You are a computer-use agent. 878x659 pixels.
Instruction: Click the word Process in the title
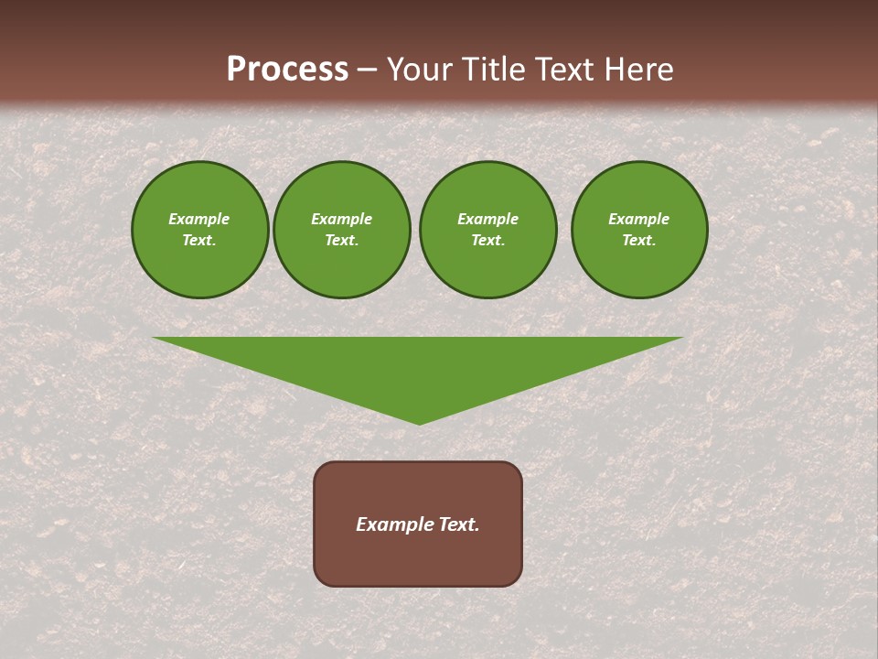click(287, 70)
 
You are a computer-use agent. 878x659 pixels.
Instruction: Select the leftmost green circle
click(200, 230)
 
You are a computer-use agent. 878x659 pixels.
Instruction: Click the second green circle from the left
click(342, 230)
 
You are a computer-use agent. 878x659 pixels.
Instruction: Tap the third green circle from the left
click(488, 230)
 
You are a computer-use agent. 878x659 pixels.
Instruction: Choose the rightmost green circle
click(639, 230)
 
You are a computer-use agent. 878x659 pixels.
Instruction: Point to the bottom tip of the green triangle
click(419, 422)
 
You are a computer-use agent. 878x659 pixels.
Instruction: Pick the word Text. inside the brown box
click(459, 524)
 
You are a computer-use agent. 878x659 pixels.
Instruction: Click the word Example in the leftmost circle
click(199, 219)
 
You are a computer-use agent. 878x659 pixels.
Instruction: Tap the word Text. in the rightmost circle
click(639, 240)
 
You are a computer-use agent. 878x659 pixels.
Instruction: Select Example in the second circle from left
click(342, 219)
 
